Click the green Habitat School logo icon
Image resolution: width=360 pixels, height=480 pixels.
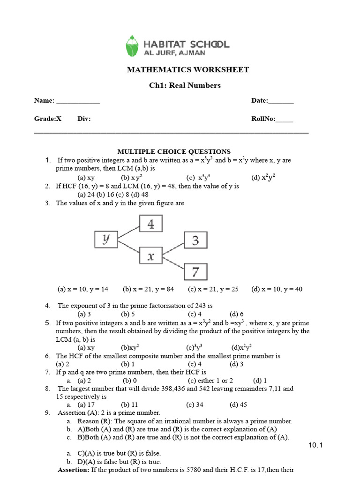tap(133, 45)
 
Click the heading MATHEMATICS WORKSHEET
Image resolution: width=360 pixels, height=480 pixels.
tap(188, 70)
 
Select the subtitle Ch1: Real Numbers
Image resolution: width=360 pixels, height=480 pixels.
tap(188, 85)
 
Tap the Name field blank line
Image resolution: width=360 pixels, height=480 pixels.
tap(78, 101)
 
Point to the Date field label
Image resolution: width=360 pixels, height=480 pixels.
tap(260, 101)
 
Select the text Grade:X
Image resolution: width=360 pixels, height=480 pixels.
tap(48, 119)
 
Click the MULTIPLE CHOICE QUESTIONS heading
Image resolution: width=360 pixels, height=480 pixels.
tap(173, 151)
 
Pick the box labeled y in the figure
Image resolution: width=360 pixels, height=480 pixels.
tap(106, 240)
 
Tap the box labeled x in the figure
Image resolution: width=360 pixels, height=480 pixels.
tap(150, 256)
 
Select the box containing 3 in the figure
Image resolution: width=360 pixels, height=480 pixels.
tap(195, 240)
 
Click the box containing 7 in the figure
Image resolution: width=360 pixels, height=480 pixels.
tap(195, 271)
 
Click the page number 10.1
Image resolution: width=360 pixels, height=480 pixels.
tap(316, 445)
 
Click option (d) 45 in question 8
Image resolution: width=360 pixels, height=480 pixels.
tap(238, 405)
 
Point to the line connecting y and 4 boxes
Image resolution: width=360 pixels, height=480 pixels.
tap(128, 232)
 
